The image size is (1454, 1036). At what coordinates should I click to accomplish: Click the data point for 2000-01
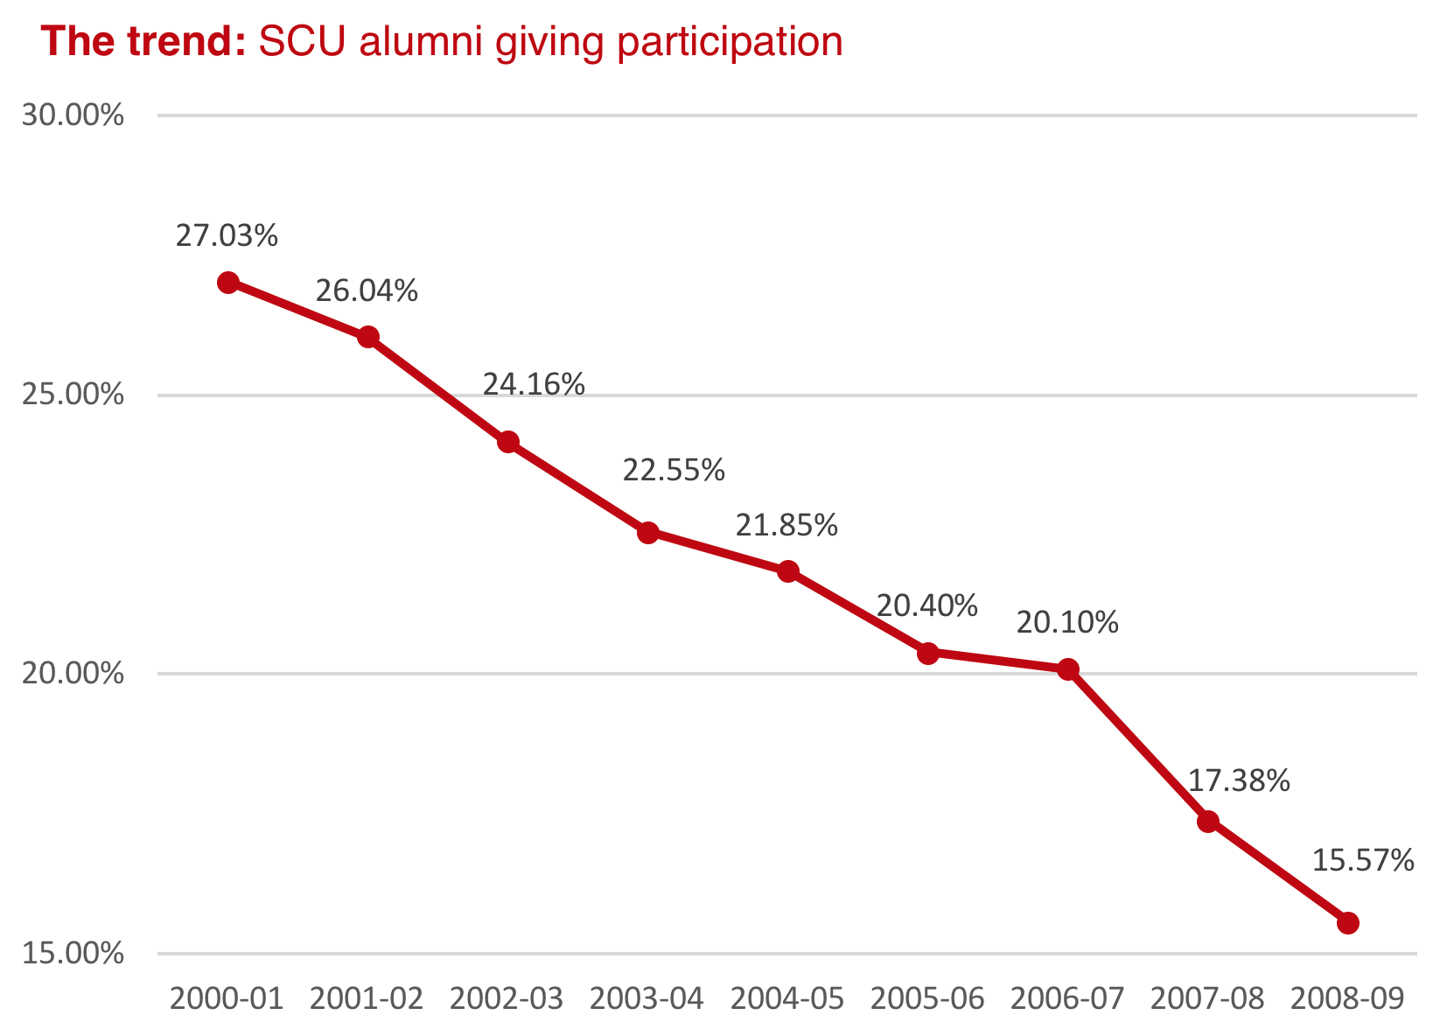pyautogui.click(x=228, y=283)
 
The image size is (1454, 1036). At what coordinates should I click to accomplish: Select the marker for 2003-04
pyautogui.click(x=648, y=532)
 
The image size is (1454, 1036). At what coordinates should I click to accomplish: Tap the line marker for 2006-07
pyautogui.click(x=1068, y=669)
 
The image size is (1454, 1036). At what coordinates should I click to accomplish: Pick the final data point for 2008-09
pyautogui.click(x=1348, y=922)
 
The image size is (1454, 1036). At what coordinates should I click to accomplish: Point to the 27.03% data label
pyautogui.click(x=227, y=235)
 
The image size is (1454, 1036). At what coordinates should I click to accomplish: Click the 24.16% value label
pyautogui.click(x=534, y=384)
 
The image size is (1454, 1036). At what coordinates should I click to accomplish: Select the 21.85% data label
pyautogui.click(x=786, y=525)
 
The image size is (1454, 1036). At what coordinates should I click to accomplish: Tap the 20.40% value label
pyautogui.click(x=926, y=605)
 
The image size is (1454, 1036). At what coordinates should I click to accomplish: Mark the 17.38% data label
pyautogui.click(x=1239, y=780)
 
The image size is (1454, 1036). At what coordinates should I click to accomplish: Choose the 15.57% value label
pyautogui.click(x=1363, y=861)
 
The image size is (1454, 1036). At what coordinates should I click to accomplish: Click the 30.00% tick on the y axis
pyautogui.click(x=73, y=115)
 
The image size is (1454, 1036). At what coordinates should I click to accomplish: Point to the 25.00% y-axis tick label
pyautogui.click(x=73, y=395)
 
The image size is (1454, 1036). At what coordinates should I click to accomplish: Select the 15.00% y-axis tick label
pyautogui.click(x=73, y=954)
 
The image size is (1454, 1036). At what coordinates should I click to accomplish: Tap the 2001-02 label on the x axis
pyautogui.click(x=367, y=998)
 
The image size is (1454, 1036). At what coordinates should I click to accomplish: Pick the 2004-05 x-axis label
pyautogui.click(x=787, y=998)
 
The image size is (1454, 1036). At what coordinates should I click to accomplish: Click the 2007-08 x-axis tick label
pyautogui.click(x=1207, y=998)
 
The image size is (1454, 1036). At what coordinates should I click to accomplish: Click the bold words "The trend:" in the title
pyautogui.click(x=144, y=42)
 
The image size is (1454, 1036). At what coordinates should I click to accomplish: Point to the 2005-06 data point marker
pyautogui.click(x=928, y=653)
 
